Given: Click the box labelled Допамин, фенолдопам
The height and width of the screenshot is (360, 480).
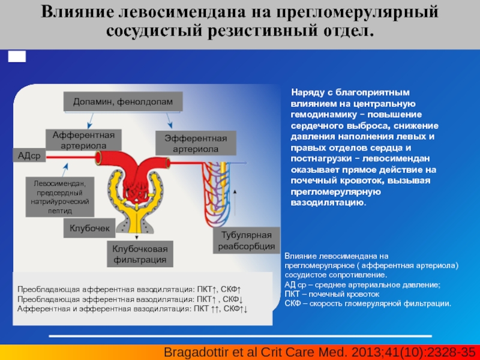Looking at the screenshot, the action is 123,101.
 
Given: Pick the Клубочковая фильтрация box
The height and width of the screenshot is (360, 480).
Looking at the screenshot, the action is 140,254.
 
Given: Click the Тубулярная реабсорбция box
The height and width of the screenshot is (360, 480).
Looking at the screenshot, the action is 247,241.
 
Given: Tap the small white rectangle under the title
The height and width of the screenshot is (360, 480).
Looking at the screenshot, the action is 17,56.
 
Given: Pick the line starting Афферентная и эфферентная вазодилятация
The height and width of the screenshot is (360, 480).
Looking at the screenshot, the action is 132,308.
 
